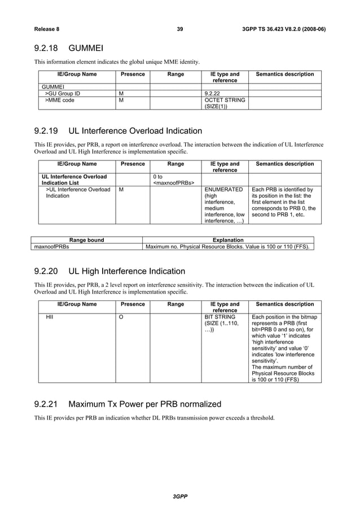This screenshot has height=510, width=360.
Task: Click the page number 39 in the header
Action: click(x=180, y=29)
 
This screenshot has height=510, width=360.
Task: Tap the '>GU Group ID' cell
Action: click(x=63, y=93)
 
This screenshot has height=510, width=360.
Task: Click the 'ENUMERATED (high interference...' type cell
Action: click(x=224, y=205)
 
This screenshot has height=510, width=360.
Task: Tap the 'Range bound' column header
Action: click(x=86, y=240)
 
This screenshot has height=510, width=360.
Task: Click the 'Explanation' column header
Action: click(x=227, y=240)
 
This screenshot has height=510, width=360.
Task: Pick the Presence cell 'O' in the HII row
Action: click(x=121, y=318)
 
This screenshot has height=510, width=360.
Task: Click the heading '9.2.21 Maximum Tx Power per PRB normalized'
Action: click(x=128, y=404)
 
